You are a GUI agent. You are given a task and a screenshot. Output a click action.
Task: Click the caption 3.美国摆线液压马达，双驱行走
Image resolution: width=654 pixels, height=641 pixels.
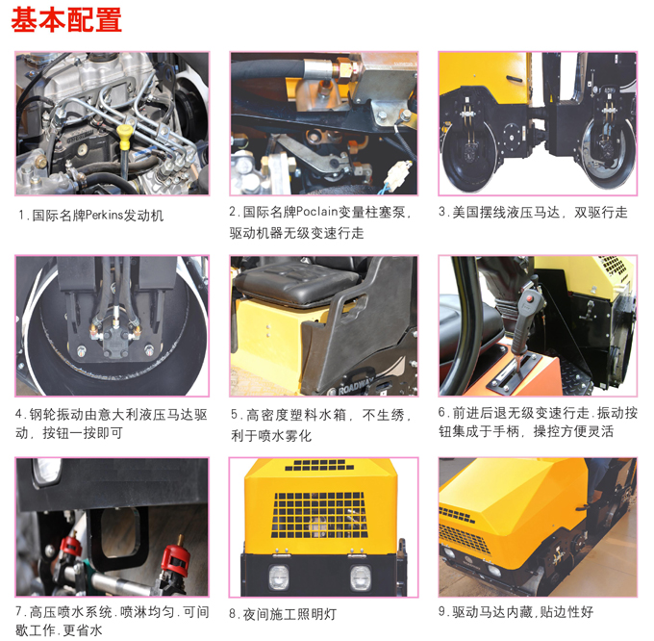tap(533, 212)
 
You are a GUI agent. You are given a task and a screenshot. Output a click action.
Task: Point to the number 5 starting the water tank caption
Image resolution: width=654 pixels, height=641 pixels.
tap(234, 415)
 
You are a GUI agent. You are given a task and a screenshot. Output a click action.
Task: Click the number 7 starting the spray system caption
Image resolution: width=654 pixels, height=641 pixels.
tap(20, 611)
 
